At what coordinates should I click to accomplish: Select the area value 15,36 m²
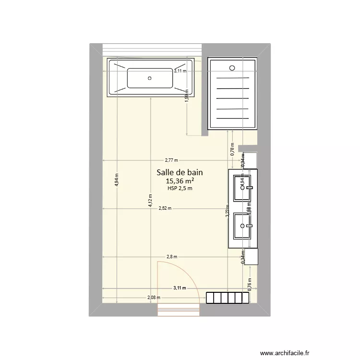point(180,181)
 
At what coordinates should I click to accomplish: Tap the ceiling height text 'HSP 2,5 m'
point(180,189)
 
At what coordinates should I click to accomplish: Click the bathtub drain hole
point(150,78)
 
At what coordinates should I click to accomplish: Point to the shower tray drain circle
point(232,68)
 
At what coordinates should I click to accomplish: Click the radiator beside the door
point(228,298)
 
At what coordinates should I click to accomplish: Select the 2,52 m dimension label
point(165,208)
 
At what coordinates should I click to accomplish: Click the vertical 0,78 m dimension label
point(232,151)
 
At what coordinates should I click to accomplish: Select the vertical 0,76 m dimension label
point(250,285)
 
